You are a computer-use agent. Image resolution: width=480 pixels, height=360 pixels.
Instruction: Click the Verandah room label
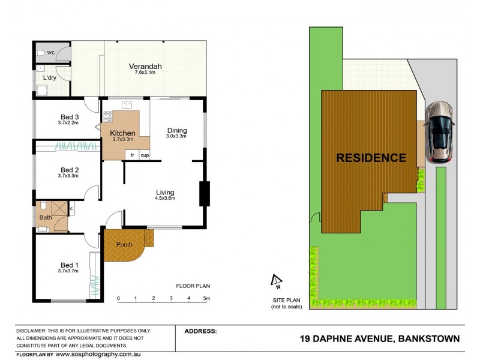[x=146, y=66]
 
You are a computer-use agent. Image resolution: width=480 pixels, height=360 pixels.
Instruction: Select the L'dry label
[x=50, y=78]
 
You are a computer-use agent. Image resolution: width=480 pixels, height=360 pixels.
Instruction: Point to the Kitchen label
[x=122, y=133]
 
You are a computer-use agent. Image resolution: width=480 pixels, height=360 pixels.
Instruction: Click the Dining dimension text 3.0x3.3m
[x=177, y=136]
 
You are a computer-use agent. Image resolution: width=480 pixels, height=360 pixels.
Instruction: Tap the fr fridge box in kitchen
[x=131, y=155]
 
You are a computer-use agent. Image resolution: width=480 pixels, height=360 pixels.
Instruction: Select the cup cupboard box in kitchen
[x=145, y=155]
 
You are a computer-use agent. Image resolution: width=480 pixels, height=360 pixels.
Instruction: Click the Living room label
[x=165, y=192]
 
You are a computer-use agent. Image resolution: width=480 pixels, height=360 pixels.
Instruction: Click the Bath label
[x=46, y=217]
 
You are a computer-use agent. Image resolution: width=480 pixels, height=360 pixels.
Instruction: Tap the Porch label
[x=124, y=244]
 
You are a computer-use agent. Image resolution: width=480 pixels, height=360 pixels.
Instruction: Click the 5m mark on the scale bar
[x=206, y=298]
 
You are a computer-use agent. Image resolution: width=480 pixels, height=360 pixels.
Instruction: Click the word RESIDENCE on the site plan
[x=371, y=158]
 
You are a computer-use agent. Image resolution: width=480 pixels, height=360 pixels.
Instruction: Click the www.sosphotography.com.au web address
[x=97, y=354]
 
